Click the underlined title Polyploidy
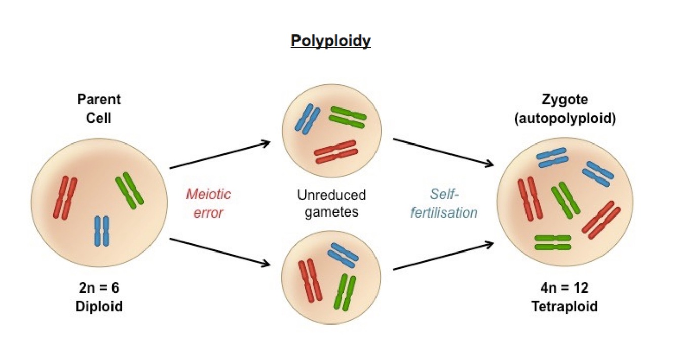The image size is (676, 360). pyautogui.click(x=330, y=41)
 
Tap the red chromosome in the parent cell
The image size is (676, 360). pyautogui.click(x=65, y=198)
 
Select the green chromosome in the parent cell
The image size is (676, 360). pyautogui.click(x=130, y=189)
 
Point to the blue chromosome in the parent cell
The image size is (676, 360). pyautogui.click(x=102, y=231)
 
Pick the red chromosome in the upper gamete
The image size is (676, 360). pyautogui.click(x=335, y=152)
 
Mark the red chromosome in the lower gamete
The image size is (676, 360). pyautogui.click(x=310, y=280)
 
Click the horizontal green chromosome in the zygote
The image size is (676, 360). pyautogui.click(x=552, y=242)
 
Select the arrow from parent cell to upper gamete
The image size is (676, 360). pyautogui.click(x=219, y=155)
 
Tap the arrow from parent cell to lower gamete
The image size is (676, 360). pyautogui.click(x=219, y=251)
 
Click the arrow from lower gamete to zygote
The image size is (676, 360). pyautogui.click(x=443, y=256)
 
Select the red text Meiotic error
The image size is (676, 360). pyautogui.click(x=208, y=203)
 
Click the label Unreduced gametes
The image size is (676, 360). pyautogui.click(x=331, y=203)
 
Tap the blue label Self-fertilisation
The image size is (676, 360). pyautogui.click(x=443, y=203)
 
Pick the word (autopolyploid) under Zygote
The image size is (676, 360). pyautogui.click(x=565, y=119)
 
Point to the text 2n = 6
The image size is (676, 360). pyautogui.click(x=99, y=288)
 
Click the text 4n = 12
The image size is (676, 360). pyautogui.click(x=565, y=288)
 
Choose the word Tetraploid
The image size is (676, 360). pyautogui.click(x=565, y=306)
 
